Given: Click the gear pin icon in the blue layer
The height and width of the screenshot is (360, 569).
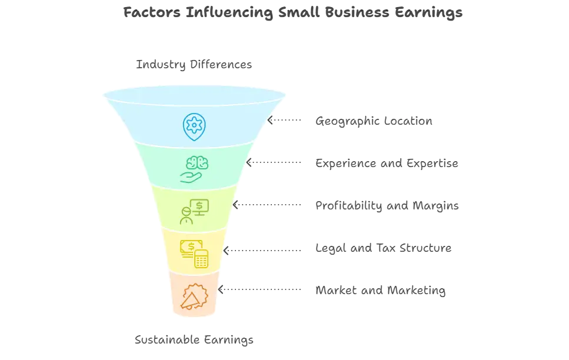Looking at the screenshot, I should coord(193,125).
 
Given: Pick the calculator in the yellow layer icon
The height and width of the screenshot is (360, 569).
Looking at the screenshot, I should coord(202,258).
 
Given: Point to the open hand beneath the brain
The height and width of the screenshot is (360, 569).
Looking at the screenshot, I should coord(192,176).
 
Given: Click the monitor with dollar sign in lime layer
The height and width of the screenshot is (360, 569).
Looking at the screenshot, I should coord(200,206).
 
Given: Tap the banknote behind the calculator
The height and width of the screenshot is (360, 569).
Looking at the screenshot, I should coord(188,247).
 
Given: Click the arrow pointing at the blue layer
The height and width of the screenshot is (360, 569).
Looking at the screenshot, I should coord(285,121).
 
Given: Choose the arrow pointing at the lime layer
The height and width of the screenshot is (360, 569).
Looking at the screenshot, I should coord(267,205).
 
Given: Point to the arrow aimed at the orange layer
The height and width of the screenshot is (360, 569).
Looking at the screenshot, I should coord(259,290).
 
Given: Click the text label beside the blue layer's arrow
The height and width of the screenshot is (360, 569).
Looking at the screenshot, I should coord(374,122).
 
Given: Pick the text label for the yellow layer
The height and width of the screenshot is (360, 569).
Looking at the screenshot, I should coord(384,248).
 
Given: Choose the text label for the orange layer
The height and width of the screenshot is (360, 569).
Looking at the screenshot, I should coord(381,291).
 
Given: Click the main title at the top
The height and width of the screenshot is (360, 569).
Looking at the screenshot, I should coord(294,13).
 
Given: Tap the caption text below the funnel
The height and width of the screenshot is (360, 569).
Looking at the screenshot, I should coord(194,340).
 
